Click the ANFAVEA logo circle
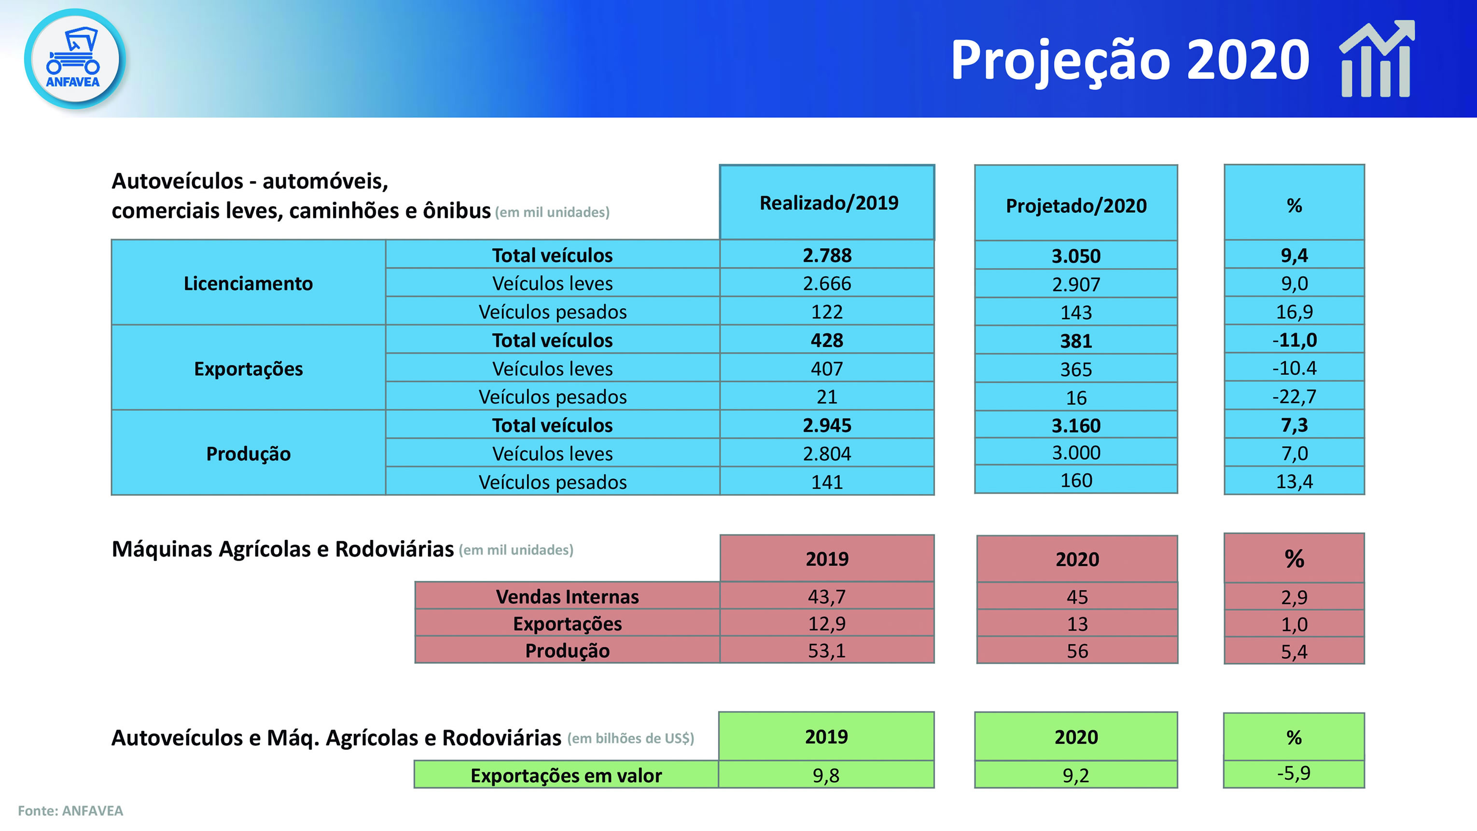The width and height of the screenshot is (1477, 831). point(74,59)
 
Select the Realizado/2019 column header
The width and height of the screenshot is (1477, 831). point(827,202)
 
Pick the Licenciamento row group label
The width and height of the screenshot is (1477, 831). point(248,283)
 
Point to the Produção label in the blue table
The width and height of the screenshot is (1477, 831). point(248,453)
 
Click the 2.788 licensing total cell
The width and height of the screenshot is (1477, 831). point(827,255)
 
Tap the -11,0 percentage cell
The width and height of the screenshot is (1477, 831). point(1294,340)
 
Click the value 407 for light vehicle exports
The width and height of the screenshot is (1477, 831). point(827,369)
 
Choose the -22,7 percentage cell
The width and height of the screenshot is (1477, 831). point(1294,396)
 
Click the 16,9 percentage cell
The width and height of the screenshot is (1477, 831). point(1294,311)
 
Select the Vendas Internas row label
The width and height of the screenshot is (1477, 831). point(567,596)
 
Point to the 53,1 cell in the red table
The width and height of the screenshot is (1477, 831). point(827,651)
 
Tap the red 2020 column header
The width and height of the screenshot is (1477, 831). point(1077,559)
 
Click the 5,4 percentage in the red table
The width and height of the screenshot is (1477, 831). point(1294,651)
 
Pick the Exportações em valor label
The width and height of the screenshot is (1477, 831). point(566,775)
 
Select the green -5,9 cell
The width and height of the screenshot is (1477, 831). point(1294,774)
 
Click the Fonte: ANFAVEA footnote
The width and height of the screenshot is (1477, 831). point(70,810)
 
